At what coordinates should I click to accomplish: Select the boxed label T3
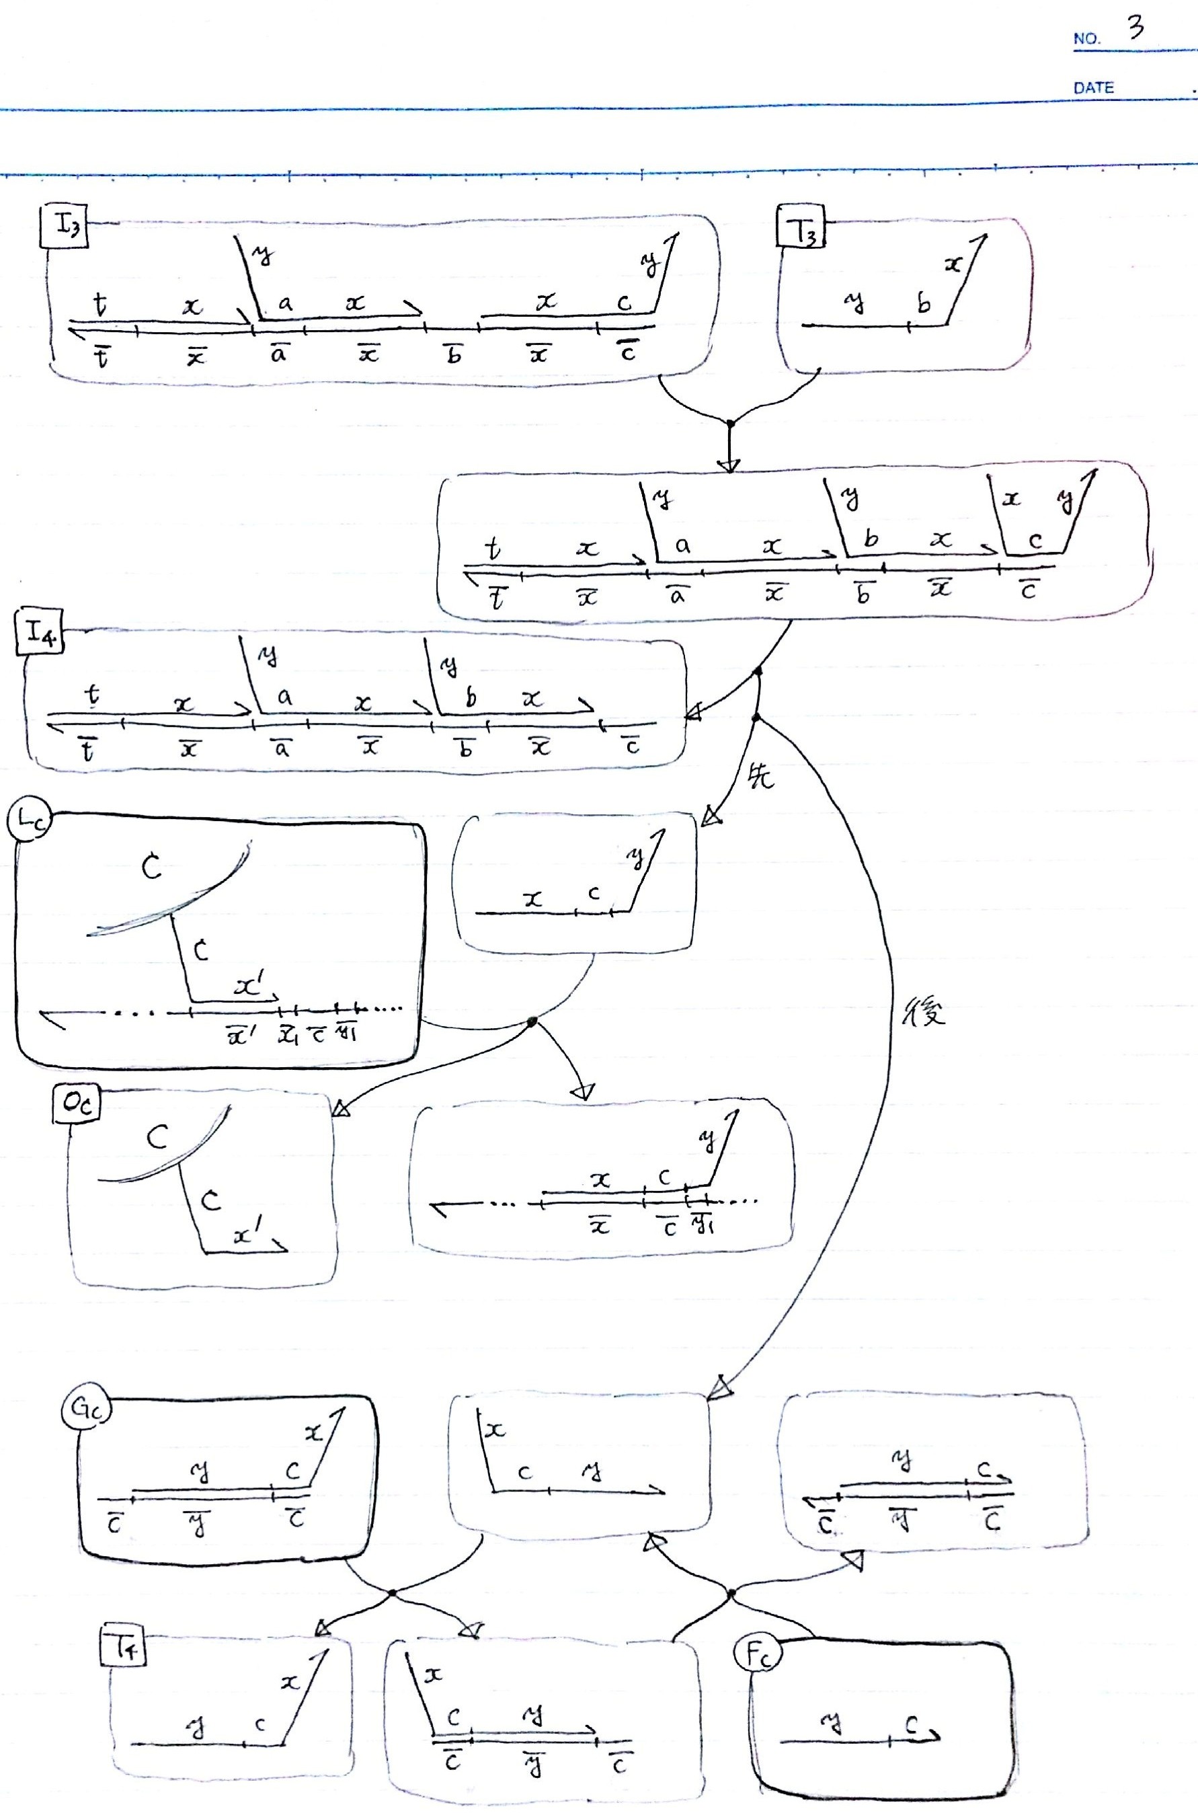click(801, 226)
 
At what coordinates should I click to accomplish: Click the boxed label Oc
click(77, 1105)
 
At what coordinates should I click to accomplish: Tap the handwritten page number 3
click(1135, 29)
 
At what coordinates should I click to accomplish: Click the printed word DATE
click(1093, 88)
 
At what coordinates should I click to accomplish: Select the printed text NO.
click(1086, 39)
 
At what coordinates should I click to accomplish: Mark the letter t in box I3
click(100, 305)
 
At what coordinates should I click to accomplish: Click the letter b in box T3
click(924, 305)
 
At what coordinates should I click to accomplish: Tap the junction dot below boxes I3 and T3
click(729, 422)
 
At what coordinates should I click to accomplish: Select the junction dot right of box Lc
click(532, 1021)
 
